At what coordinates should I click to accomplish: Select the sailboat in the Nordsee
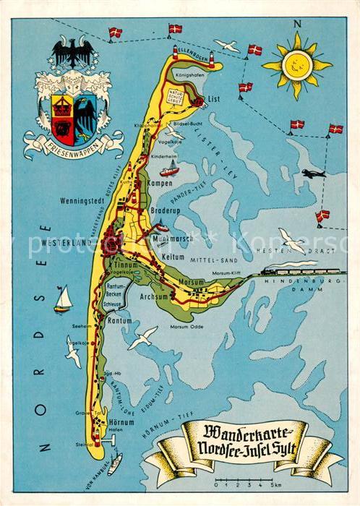tap(64, 299)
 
